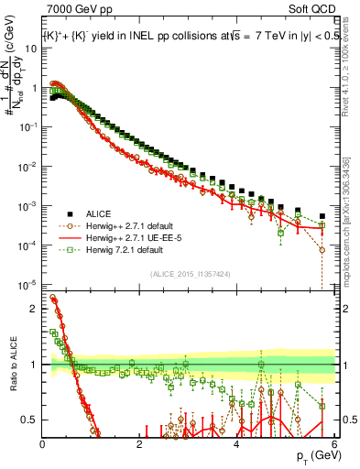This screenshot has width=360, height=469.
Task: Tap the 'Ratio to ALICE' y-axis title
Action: pos(11,365)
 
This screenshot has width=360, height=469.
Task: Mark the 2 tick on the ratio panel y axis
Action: pos(35,309)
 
